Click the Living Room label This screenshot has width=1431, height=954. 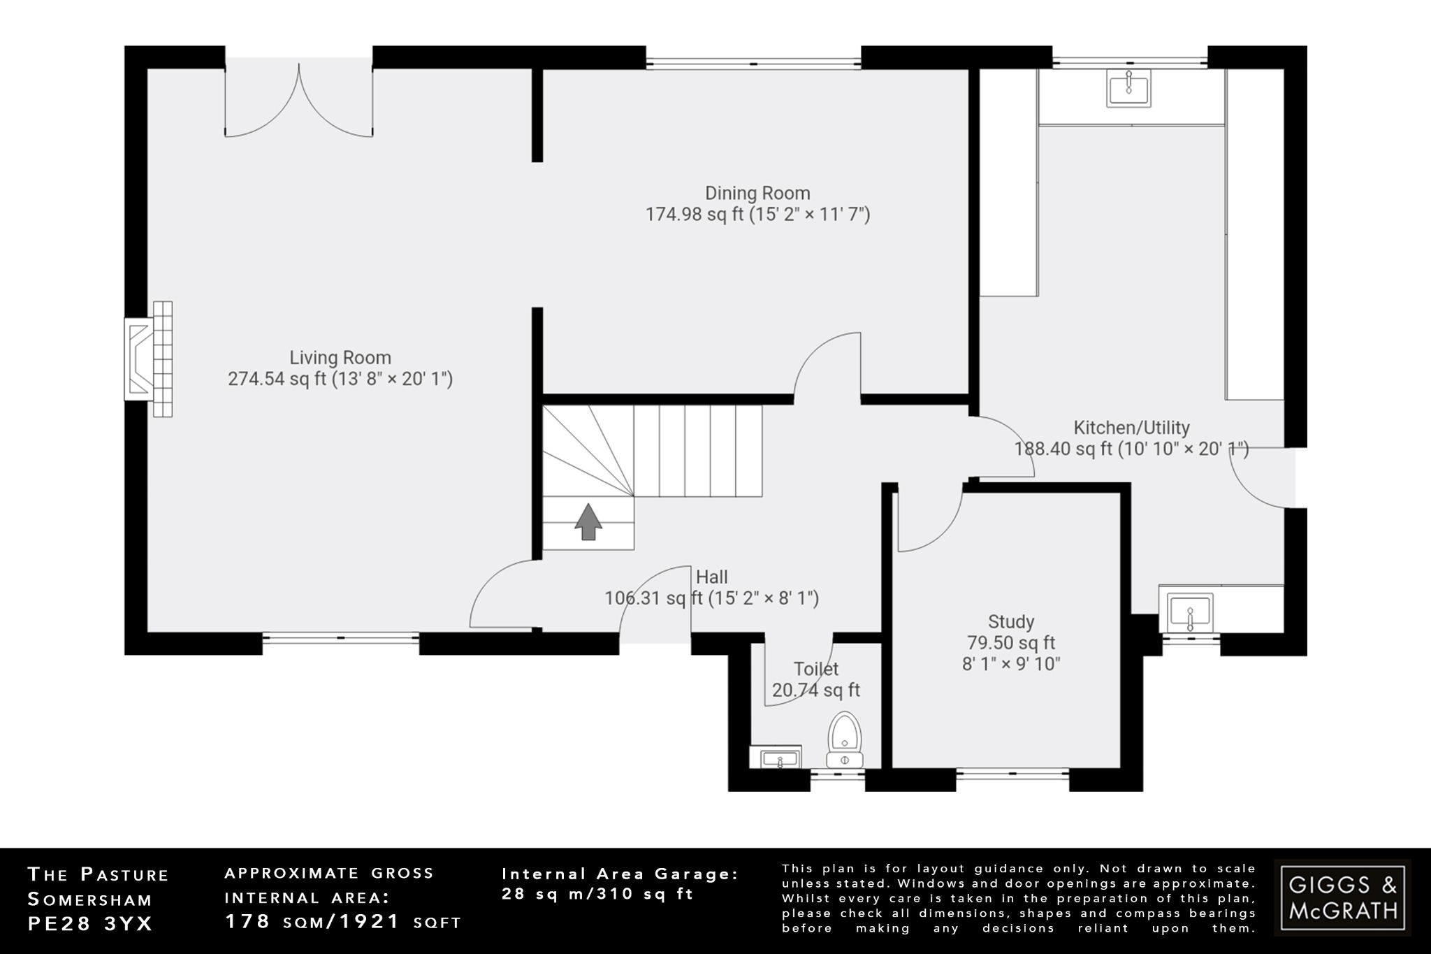[x=340, y=358]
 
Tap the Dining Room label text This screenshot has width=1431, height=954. [x=757, y=193]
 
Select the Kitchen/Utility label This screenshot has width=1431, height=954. [x=1131, y=427]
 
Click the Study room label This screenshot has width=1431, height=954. [x=1010, y=621]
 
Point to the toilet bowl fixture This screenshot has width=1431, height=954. [x=845, y=741]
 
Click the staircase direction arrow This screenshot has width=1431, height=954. [x=588, y=521]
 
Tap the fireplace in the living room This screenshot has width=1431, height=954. [x=149, y=359]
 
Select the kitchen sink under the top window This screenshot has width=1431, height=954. [x=1128, y=88]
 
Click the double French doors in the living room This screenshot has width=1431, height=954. [x=298, y=101]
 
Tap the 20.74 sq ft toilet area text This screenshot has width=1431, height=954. [x=815, y=691]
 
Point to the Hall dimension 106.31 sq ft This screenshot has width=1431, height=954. [x=711, y=598]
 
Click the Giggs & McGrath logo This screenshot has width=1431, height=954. [x=1342, y=898]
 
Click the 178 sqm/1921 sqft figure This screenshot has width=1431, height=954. [x=342, y=922]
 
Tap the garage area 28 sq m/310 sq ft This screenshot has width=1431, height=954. [x=597, y=894]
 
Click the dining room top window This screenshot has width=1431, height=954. [x=753, y=64]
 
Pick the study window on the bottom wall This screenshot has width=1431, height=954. [x=1012, y=773]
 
